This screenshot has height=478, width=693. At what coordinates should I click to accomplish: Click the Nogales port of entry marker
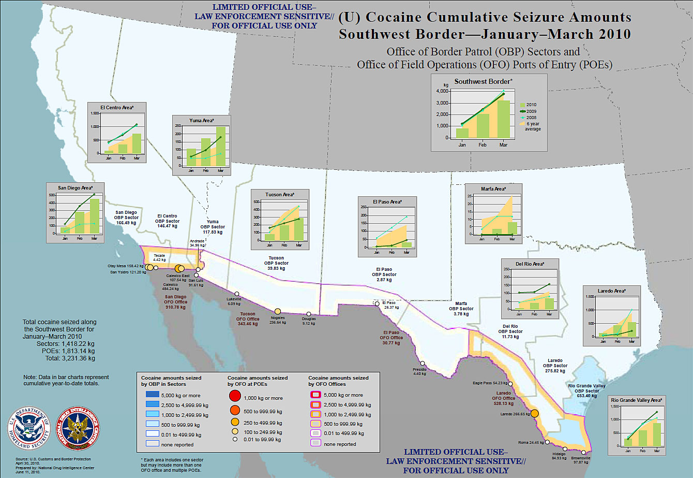pos(278,311)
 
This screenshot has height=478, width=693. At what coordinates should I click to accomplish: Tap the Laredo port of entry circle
pos(535,413)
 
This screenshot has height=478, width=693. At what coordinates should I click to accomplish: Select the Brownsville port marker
pos(583,452)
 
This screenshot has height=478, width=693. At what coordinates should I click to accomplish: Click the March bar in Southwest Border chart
pos(504,119)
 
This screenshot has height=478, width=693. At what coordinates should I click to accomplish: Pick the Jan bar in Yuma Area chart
pos(191,157)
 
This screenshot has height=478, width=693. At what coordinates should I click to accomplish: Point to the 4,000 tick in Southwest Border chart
pos(442,91)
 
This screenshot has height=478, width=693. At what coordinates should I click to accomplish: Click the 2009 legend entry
pos(530,111)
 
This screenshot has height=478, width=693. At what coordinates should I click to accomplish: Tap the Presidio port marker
pos(423,364)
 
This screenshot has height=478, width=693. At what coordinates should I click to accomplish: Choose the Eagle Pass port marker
pos(511,384)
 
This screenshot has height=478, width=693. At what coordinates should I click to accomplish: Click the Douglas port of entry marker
pos(309,314)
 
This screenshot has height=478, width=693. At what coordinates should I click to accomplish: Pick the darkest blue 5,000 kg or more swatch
pos(150,395)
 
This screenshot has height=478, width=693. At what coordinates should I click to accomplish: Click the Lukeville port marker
pos(236,294)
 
